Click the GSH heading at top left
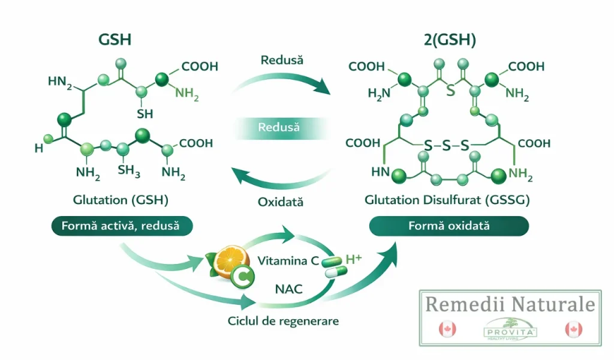[115, 40]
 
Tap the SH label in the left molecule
[145, 113]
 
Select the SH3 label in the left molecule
[129, 172]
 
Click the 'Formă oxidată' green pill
[449, 226]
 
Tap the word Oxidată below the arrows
[281, 202]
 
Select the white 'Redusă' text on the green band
[279, 127]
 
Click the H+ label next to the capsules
[354, 260]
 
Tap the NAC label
[288, 289]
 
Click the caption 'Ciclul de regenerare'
[283, 321]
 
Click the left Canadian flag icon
[447, 329]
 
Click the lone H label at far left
[39, 148]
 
